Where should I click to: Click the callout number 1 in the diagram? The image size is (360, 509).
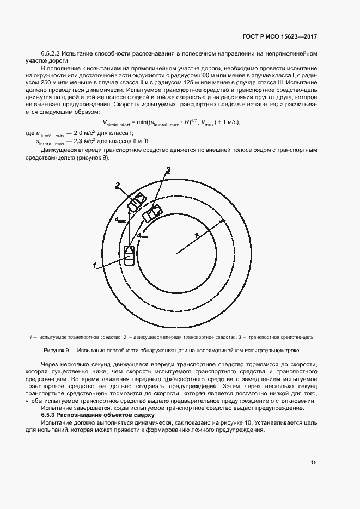coord(94,265)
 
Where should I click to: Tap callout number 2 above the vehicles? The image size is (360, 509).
coord(117,185)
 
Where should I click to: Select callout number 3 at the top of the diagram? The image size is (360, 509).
coord(168,170)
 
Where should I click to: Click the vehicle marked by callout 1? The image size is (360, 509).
coord(129,255)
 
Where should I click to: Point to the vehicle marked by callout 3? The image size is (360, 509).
coord(151,213)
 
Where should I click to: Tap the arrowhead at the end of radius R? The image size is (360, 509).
coord(222,220)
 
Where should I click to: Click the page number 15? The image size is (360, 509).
coord(314,463)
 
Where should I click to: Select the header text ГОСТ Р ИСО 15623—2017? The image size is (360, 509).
coord(279,36)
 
